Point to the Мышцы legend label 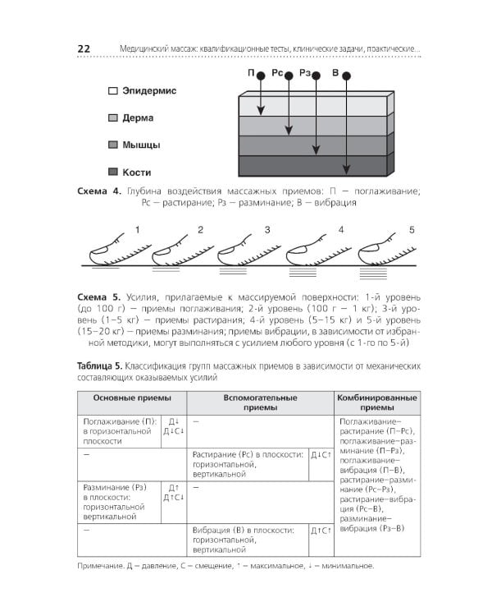(141, 145)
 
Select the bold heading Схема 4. (98, 191)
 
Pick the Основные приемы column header (132, 398)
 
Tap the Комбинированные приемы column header (377, 402)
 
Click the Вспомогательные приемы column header (261, 402)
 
